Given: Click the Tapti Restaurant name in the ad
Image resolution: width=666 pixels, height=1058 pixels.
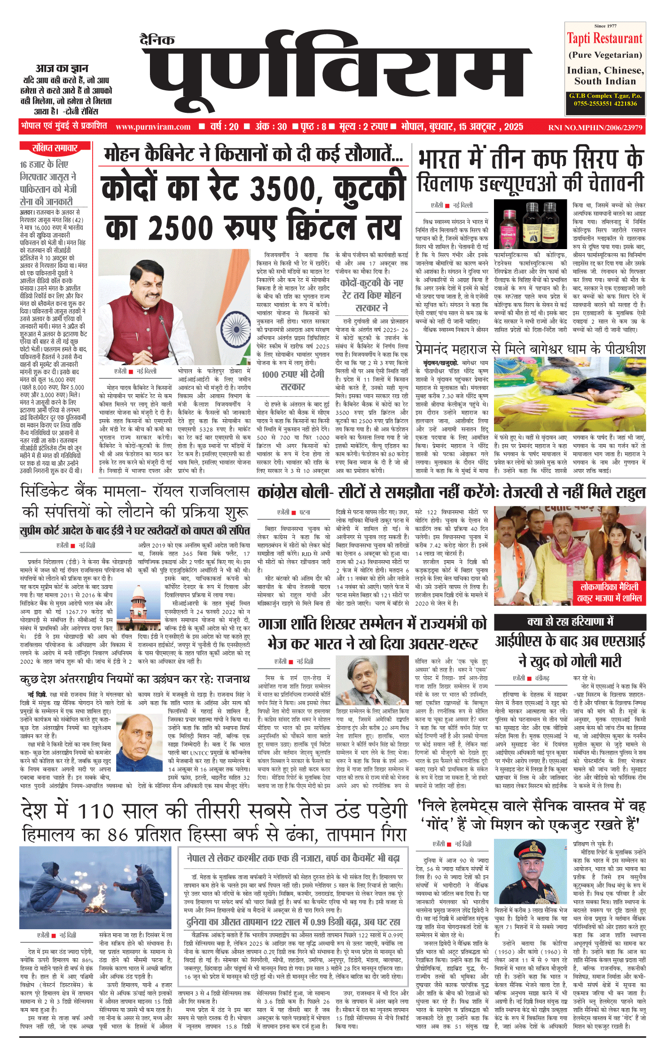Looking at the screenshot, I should click(x=604, y=39).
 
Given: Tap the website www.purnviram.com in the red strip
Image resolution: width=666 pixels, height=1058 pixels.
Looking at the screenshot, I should click(x=153, y=127).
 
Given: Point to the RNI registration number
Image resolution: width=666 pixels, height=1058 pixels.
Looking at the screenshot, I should click(x=595, y=127).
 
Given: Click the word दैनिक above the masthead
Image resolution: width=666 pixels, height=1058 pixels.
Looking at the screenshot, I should click(x=157, y=40).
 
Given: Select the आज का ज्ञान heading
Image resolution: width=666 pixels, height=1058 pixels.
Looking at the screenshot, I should click(x=62, y=69).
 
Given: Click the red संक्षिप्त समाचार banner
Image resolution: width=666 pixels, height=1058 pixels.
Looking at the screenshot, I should click(x=55, y=149).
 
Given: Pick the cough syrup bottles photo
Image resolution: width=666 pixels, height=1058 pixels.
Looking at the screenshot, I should click(x=531, y=224).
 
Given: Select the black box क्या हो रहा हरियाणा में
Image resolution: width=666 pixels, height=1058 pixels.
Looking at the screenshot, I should click(x=570, y=622).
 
